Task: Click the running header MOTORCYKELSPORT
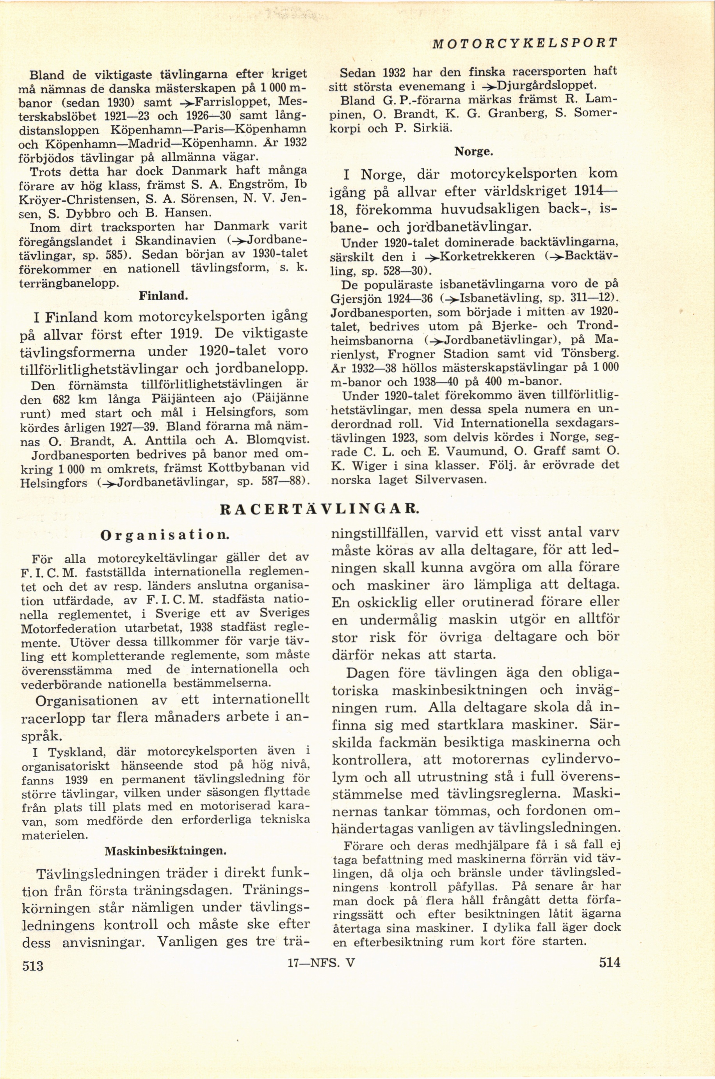[525, 43]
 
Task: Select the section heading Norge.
[474, 151]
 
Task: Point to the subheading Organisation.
[165, 534]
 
